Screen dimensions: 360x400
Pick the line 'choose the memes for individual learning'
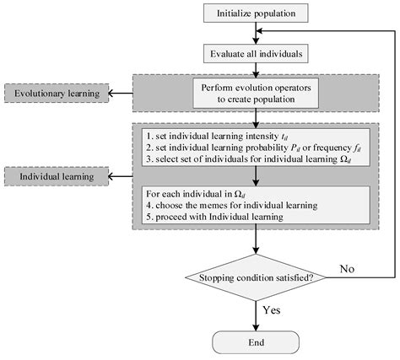point(229,204)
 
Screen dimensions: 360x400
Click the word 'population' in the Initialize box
point(277,13)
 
